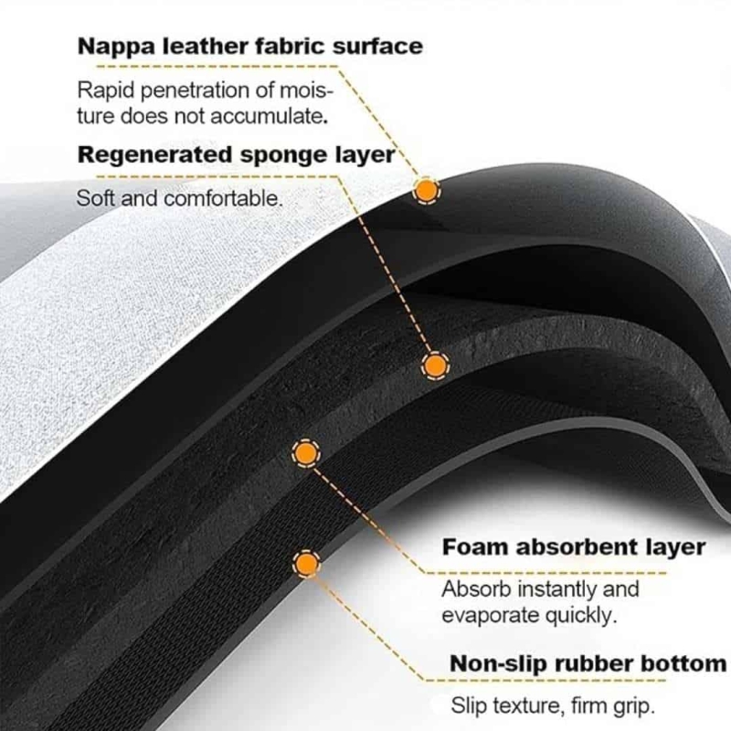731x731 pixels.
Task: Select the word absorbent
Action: [x=562, y=547]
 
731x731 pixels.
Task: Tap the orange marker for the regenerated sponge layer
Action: [x=435, y=365]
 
